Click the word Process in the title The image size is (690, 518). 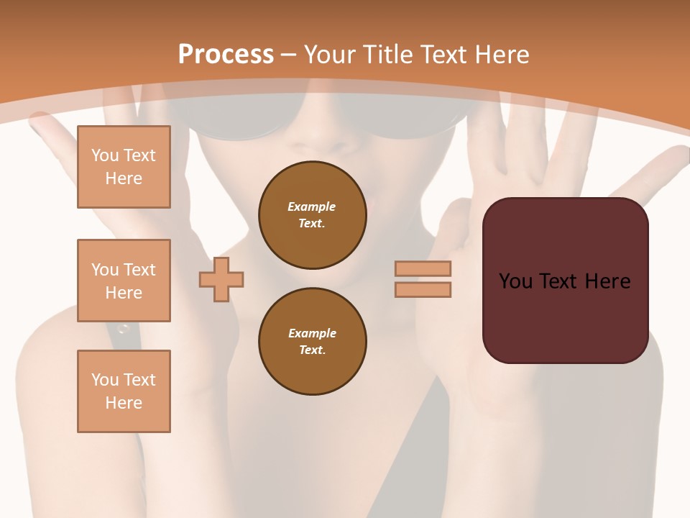click(x=226, y=54)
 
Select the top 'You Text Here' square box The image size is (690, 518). click(x=124, y=167)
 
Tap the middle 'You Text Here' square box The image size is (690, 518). click(x=124, y=281)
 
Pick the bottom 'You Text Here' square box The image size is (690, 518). click(x=124, y=391)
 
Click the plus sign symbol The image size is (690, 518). click(x=221, y=279)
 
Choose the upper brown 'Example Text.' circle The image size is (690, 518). click(x=312, y=215)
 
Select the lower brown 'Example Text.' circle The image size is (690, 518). click(x=312, y=342)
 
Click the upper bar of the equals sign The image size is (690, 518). click(x=423, y=268)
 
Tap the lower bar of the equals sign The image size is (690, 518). click(x=423, y=289)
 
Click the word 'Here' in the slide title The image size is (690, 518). click(x=502, y=54)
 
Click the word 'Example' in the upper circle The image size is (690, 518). click(x=312, y=206)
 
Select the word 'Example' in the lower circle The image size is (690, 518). click(x=312, y=333)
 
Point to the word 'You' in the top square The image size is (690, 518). click(x=105, y=155)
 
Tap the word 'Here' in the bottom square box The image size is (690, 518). click(x=124, y=403)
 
